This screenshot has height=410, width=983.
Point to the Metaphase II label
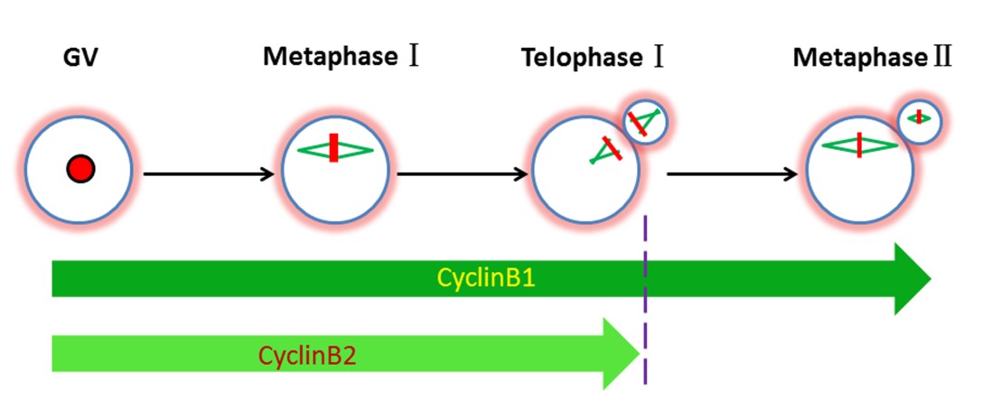pyautogui.click(x=873, y=59)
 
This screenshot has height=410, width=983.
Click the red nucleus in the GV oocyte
pyautogui.click(x=80, y=167)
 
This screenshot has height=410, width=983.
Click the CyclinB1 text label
pyautogui.click(x=487, y=277)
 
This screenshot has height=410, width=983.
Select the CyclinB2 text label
pyautogui.click(x=307, y=355)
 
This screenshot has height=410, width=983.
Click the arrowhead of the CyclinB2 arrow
pyautogui.click(x=622, y=354)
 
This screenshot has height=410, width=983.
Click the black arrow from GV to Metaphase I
pyautogui.click(x=208, y=173)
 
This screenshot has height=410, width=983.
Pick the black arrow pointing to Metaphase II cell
pyautogui.click(x=732, y=173)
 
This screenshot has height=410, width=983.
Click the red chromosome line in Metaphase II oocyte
pyautogui.click(x=859, y=145)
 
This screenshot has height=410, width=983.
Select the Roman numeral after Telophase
pyautogui.click(x=660, y=59)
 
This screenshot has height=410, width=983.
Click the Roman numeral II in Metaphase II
pyautogui.click(x=943, y=59)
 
